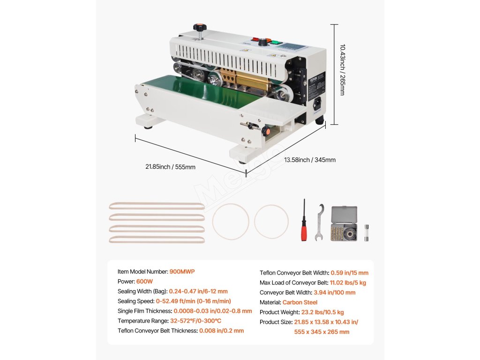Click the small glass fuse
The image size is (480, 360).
(x=367, y=232)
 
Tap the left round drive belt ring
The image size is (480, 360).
(x=231, y=221)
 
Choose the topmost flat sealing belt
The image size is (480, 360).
(x=157, y=206)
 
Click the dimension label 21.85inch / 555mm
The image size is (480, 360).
(x=170, y=167)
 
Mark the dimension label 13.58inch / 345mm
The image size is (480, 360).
(x=310, y=160)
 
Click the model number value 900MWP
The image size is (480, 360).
(x=182, y=271)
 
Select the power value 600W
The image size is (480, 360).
(x=144, y=281)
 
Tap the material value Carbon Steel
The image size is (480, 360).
(x=300, y=302)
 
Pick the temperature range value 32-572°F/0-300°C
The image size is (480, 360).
(x=195, y=321)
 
